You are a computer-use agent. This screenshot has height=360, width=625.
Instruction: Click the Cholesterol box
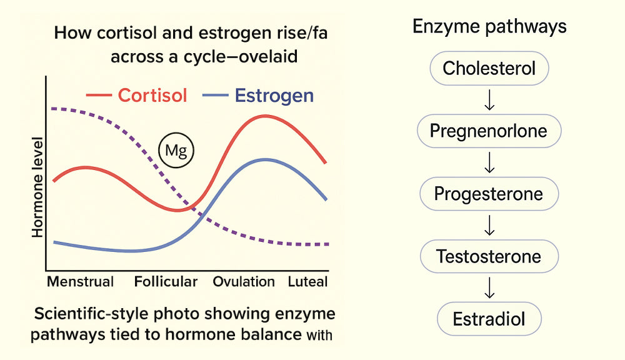tap(489, 68)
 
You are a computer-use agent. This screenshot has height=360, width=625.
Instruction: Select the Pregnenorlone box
tap(489, 131)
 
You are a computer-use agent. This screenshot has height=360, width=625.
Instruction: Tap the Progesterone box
tap(489, 194)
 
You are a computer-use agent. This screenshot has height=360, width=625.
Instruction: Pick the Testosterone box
tap(489, 256)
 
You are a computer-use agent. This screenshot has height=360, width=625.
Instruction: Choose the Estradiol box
tap(489, 319)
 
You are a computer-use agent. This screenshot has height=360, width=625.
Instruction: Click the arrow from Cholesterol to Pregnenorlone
tap(489, 100)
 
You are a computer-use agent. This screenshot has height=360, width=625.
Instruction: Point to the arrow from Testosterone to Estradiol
tap(489, 288)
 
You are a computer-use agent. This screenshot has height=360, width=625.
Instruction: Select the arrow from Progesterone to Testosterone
tap(489, 225)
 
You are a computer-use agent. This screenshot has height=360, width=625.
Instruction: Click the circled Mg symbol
tap(176, 150)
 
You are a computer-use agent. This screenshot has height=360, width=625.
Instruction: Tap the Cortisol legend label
tap(152, 96)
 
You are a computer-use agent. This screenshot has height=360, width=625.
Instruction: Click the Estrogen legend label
tap(274, 96)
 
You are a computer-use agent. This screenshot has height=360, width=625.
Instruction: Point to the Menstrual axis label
tap(81, 281)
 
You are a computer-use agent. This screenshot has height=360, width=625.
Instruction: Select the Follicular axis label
tap(166, 281)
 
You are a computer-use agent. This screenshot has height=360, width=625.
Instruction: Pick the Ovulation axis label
tap(244, 281)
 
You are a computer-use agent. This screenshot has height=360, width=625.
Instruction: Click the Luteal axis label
tap(307, 281)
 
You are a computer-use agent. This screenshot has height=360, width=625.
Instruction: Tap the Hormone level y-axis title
tap(37, 187)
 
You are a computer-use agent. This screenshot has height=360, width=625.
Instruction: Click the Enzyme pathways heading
tap(489, 27)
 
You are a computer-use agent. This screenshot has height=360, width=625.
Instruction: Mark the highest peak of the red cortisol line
tap(264, 116)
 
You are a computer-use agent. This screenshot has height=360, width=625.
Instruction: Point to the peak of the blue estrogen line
tap(265, 159)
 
